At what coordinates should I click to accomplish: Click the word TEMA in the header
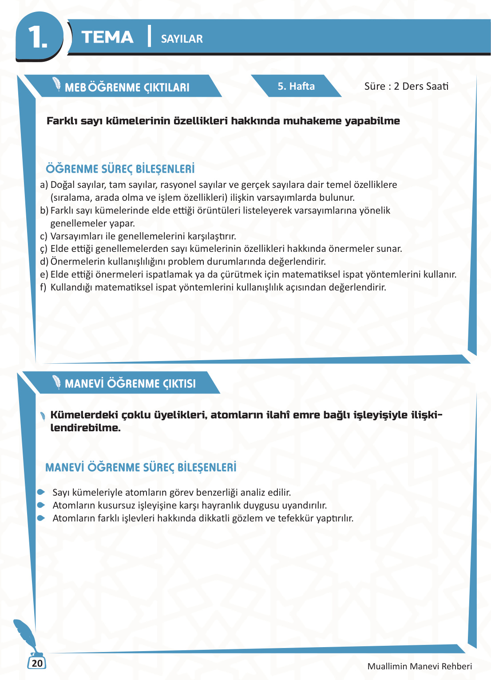pos(107,37)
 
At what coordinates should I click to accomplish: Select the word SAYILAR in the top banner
pos(182,39)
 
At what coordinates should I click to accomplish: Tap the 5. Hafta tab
pos(296,86)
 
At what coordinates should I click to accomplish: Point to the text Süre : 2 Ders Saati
pos(406,86)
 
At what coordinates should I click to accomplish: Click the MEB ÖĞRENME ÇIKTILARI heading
pos(127,87)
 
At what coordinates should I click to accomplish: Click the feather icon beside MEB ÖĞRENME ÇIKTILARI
pos(56,84)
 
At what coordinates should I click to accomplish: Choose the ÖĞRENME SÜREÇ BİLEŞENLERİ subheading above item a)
pos(120,169)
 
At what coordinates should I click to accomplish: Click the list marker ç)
pos(44,249)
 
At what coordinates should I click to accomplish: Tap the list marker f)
pos(43,287)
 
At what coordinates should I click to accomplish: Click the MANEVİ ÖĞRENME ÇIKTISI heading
pos(130,384)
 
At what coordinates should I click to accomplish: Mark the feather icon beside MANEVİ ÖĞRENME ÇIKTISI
pos(56,382)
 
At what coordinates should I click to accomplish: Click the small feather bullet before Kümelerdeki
pos(43,416)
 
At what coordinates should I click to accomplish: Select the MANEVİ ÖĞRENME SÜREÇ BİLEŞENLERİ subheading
pos(141,468)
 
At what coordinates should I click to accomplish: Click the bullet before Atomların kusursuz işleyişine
pos(41,505)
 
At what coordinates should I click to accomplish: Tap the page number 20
pos(37,663)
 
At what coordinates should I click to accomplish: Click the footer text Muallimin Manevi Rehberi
pos(420,666)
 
